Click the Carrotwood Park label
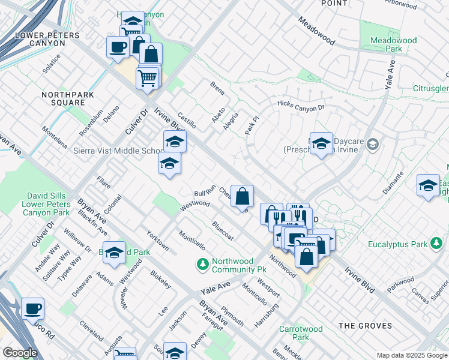(301, 333)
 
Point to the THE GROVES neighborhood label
(365, 326)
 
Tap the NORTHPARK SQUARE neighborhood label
(63, 98)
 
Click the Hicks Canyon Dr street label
(300, 105)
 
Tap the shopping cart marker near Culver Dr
(148, 77)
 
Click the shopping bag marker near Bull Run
(242, 197)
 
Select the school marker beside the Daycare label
(321, 144)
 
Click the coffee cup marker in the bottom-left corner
(33, 310)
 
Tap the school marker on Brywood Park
(113, 254)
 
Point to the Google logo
(20, 353)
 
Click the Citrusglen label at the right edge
(431, 89)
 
